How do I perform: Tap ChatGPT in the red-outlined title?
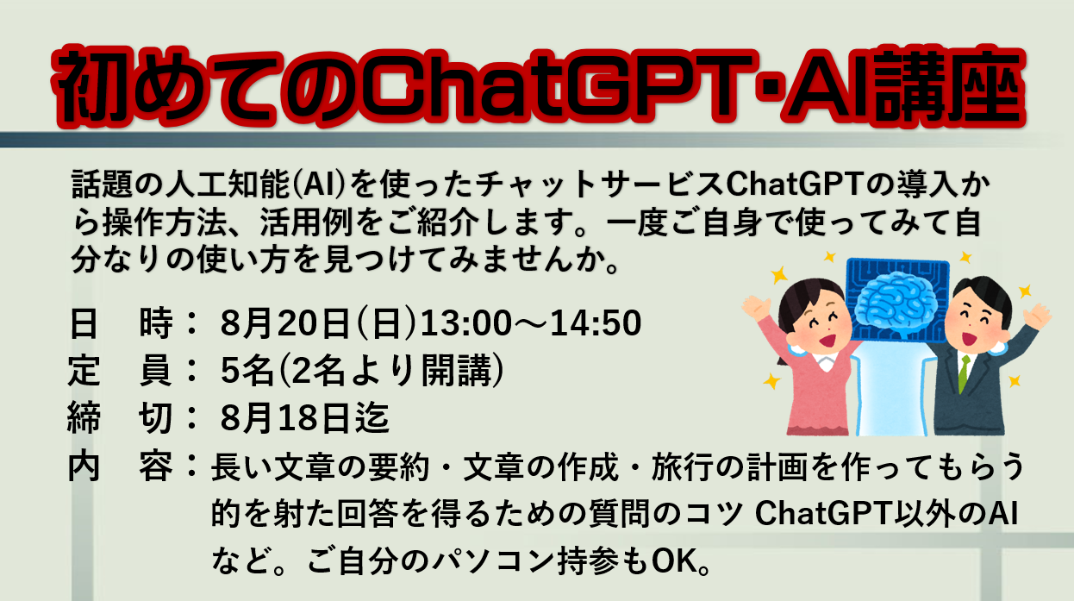click(557, 87)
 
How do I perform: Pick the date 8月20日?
click(284, 322)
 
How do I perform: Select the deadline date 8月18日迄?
click(305, 418)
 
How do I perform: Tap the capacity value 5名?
click(247, 370)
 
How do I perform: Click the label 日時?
click(121, 322)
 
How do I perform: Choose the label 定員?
click(120, 370)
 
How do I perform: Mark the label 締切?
click(120, 418)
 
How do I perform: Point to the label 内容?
click(120, 466)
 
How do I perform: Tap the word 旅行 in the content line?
click(683, 466)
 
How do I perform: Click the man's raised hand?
click(1037, 316)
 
